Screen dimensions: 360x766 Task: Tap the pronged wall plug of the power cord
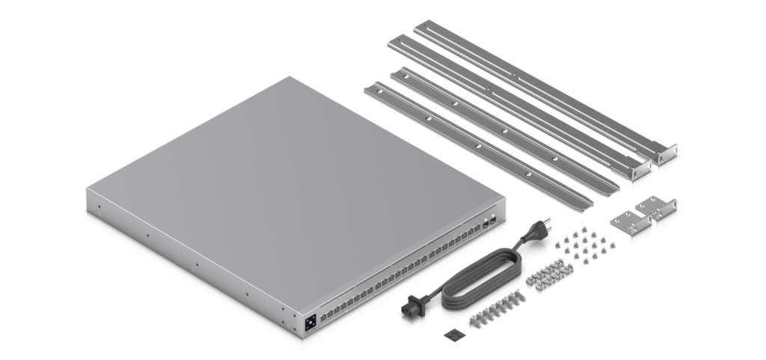tap(540, 234)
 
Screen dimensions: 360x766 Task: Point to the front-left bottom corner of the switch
tap(88, 214)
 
